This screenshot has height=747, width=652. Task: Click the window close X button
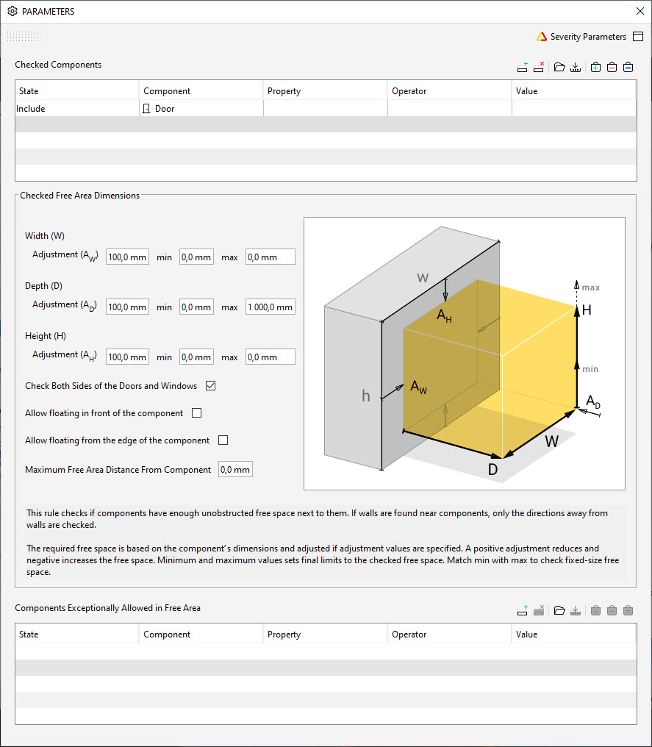[639, 11]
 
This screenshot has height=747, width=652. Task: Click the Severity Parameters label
[588, 37]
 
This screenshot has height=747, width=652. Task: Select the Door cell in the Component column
[164, 109]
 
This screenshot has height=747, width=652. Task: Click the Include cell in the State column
[31, 109]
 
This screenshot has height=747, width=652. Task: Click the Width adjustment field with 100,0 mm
[127, 257]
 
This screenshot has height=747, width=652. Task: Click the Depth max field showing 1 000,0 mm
[270, 307]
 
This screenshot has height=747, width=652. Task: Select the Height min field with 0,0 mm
[196, 357]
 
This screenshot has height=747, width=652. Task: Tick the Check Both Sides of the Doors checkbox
[211, 386]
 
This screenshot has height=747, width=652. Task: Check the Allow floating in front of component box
[196, 413]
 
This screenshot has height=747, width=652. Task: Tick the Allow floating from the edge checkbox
[223, 440]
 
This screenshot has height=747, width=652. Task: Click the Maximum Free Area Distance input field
[235, 470]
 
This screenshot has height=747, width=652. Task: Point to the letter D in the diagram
[493, 469]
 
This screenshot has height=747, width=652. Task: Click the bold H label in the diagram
[587, 311]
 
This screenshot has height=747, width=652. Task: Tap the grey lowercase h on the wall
[365, 396]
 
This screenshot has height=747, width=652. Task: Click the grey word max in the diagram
[590, 287]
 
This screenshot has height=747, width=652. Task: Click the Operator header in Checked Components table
[409, 91]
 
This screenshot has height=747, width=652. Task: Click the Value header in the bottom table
[526, 635]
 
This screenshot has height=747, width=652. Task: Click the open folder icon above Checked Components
[559, 68]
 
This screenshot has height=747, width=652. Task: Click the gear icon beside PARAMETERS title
[12, 12]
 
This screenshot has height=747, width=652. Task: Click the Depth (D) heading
[47, 286]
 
